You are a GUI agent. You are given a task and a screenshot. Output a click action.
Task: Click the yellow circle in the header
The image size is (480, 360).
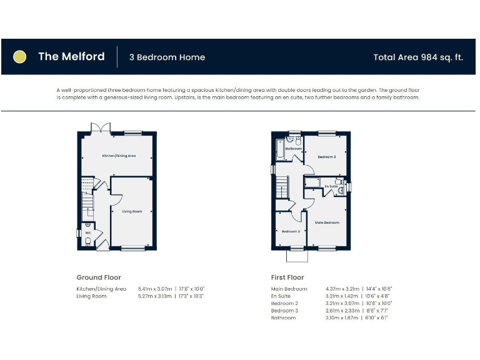(20, 57)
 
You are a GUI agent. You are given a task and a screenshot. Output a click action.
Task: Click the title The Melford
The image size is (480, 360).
(71, 57)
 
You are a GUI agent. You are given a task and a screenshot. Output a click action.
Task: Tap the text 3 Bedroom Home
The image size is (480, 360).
(167, 57)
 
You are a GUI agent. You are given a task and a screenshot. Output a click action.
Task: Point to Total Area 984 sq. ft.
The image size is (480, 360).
(418, 57)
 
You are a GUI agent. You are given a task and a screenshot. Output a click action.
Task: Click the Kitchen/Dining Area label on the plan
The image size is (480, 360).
(119, 155)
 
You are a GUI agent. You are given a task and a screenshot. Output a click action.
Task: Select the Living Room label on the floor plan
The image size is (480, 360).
(131, 211)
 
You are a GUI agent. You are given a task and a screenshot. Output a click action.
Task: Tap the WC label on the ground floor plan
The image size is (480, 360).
(88, 232)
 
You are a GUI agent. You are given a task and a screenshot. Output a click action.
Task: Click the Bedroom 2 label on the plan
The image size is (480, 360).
(327, 156)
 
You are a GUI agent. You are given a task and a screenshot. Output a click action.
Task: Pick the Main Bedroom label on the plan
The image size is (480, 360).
(327, 222)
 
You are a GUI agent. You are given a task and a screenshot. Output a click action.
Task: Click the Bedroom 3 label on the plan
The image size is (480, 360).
(291, 231)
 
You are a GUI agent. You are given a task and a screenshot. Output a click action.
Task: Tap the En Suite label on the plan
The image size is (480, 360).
(331, 186)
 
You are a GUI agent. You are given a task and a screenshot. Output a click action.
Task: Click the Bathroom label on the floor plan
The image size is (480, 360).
(294, 149)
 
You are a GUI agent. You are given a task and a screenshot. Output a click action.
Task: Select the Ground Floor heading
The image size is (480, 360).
(99, 277)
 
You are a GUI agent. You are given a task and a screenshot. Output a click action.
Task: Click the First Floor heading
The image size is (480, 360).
(287, 277)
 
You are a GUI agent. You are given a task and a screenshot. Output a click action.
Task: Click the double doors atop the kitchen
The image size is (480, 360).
(101, 128)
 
